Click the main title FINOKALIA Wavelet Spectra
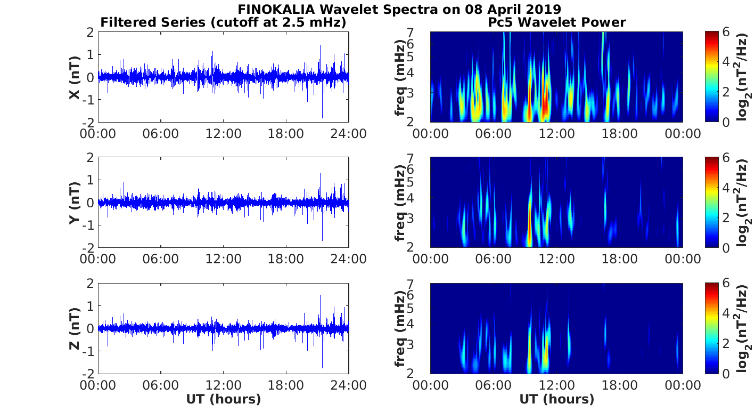399,9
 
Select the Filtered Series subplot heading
223,22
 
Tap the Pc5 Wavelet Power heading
556,22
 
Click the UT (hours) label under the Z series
223,399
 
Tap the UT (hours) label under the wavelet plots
556,399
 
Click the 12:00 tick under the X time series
223,133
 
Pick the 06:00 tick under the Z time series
160,384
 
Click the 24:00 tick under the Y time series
348,259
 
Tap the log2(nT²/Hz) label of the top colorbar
744,77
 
